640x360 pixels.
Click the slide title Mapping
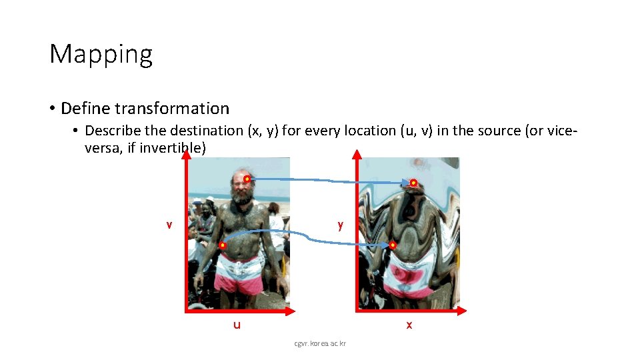[x=101, y=54]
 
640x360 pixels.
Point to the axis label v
[x=169, y=225]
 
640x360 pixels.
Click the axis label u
[x=237, y=325]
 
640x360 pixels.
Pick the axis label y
[x=341, y=225]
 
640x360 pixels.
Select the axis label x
[x=409, y=325]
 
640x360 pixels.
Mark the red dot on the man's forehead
[x=247, y=179]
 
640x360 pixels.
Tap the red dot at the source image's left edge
[x=223, y=246]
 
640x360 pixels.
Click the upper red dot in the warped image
[x=413, y=183]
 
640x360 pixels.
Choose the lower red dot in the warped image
[x=393, y=245]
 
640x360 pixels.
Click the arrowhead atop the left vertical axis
[x=186, y=154]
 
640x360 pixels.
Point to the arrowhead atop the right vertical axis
[x=357, y=154]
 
